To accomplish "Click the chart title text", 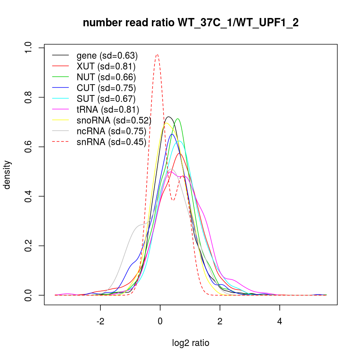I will [x=190, y=23].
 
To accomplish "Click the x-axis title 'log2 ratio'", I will [x=190, y=343].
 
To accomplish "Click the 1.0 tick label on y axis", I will [x=28, y=48].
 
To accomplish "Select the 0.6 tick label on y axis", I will [x=28, y=147].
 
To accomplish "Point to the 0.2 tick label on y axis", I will [x=28, y=246].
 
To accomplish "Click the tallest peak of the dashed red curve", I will [x=157, y=55].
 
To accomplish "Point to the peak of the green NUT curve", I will [x=177, y=119].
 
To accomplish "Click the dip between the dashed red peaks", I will [x=173, y=200].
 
